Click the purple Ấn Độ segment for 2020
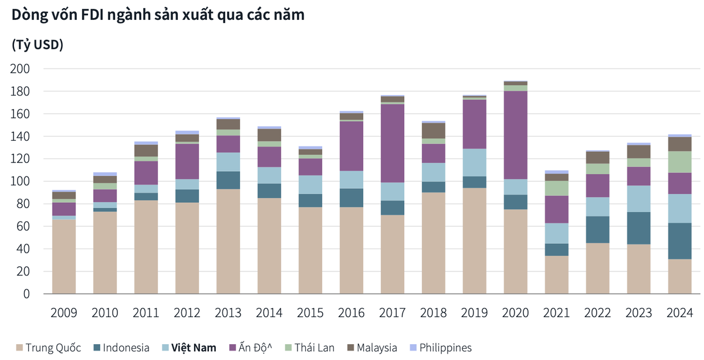tap(516, 135)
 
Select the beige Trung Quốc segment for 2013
tap(228, 241)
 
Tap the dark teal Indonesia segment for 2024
tap(680, 241)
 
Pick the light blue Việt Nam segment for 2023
tap(639, 199)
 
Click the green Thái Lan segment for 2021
tap(557, 188)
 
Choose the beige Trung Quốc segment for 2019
tap(475, 240)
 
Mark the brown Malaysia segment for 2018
tap(434, 130)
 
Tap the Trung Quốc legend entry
tap(47, 348)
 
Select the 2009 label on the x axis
tap(64, 311)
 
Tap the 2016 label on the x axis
tap(351, 311)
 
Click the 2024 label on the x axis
tap(680, 311)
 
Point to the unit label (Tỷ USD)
tap(38, 45)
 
